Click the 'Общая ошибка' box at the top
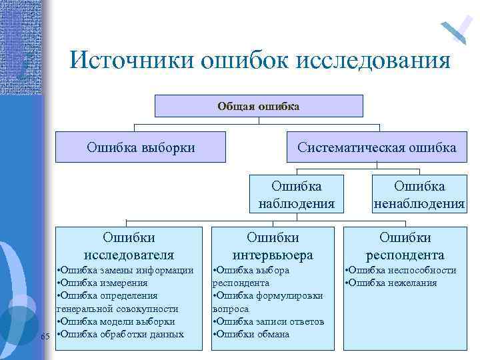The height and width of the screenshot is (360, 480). [259, 106]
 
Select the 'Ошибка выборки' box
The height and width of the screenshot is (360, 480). [141, 147]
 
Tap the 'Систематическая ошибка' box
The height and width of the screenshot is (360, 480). [377, 147]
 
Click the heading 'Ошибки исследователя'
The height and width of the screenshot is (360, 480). [129, 245]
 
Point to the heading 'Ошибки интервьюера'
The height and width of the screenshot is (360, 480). [273, 245]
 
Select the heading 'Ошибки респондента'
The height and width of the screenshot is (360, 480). [405, 245]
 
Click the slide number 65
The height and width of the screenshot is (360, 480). [45, 335]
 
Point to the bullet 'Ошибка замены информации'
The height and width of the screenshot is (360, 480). [127, 270]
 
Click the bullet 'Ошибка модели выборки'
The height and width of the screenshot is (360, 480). [117, 321]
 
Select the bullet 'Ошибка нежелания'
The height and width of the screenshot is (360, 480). [392, 283]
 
